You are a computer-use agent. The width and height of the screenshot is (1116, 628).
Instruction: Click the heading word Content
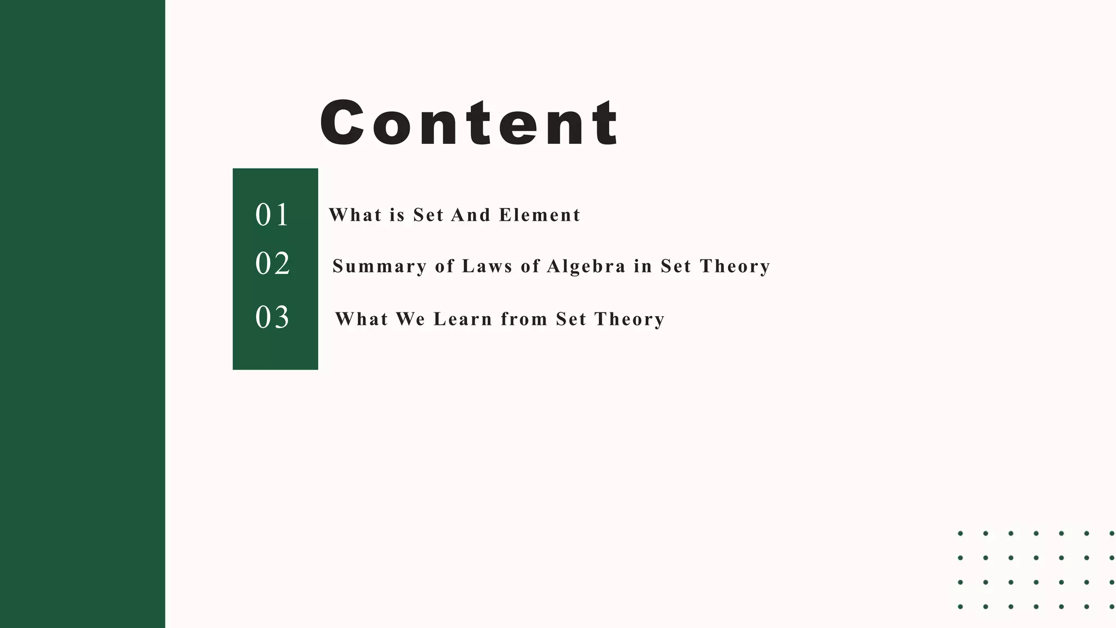(x=469, y=123)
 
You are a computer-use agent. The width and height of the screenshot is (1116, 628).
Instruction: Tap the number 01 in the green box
(x=272, y=215)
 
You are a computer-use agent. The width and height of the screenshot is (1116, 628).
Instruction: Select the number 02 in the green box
(x=272, y=264)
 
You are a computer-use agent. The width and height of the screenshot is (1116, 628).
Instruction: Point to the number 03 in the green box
(x=272, y=317)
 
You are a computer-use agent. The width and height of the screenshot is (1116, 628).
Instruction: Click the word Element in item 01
(x=539, y=215)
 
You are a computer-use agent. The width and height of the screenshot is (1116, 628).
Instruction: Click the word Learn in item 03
(x=463, y=319)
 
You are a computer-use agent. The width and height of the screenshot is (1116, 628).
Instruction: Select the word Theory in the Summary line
(x=735, y=267)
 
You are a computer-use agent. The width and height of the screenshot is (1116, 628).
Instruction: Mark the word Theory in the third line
(x=629, y=319)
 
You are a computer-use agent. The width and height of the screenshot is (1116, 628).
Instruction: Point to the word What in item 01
(x=355, y=215)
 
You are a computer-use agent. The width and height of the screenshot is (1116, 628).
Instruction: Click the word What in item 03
(x=361, y=319)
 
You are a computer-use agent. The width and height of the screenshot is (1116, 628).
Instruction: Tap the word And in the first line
(x=471, y=215)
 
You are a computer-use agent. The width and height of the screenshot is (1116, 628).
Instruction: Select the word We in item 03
(x=410, y=319)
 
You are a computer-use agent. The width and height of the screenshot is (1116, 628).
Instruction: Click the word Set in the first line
(x=428, y=215)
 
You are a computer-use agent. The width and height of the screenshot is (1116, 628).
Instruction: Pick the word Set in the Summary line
(x=676, y=267)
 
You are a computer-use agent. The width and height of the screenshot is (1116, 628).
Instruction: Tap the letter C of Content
(x=342, y=123)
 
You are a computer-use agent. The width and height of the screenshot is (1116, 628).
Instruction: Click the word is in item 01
(x=397, y=215)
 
